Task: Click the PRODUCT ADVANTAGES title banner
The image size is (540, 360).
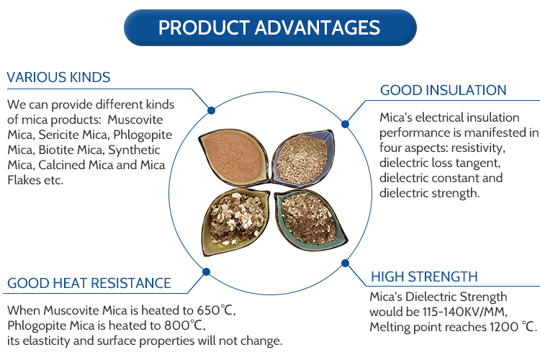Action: pyautogui.click(x=270, y=27)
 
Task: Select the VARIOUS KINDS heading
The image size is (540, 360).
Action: pyautogui.click(x=58, y=77)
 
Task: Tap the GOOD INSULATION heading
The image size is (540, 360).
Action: pyautogui.click(x=444, y=90)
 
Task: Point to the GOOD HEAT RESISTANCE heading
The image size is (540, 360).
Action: pyautogui.click(x=89, y=283)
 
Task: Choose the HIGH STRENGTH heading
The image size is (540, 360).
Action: pyautogui.click(x=424, y=276)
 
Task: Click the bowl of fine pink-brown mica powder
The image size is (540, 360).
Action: pyautogui.click(x=234, y=157)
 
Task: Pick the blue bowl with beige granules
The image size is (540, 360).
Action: pyautogui.click(x=303, y=158)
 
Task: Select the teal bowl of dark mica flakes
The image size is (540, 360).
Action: pyautogui.click(x=310, y=220)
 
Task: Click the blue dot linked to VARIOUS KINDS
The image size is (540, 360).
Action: pyautogui.click(x=212, y=111)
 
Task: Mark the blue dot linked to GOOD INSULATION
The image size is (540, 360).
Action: pyautogui.click(x=345, y=124)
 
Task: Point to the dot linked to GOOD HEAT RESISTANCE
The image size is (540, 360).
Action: pyautogui.click(x=207, y=272)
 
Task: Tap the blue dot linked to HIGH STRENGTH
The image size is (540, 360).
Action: pyautogui.click(x=345, y=264)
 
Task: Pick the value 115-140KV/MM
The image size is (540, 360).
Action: pyautogui.click(x=464, y=312)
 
